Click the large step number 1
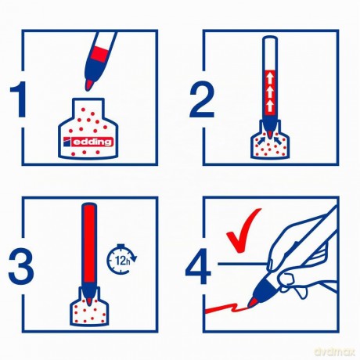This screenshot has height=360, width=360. pyautogui.click(x=19, y=99)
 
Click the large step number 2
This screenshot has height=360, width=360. pyautogui.click(x=202, y=100)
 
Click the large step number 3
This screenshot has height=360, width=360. pyautogui.click(x=21, y=265)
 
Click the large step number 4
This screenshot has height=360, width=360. pyautogui.click(x=198, y=266)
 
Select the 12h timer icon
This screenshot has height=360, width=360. pyautogui.click(x=121, y=259)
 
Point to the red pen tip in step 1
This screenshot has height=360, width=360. pyautogui.click(x=89, y=85)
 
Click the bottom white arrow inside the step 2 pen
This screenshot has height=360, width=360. pyautogui.click(x=270, y=106)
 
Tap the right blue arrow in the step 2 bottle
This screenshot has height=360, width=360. pyautogui.click(x=279, y=140)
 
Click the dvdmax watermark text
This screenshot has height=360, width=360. pyautogui.click(x=335, y=351)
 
